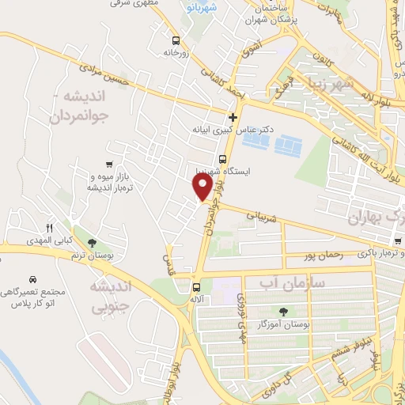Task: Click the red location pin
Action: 202,187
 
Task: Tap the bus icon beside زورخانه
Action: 175,40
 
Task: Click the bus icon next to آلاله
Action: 196,286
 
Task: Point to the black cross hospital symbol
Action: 232,118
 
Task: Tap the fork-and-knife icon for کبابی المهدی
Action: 49,228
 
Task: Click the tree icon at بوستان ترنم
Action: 93,242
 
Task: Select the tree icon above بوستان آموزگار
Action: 283,311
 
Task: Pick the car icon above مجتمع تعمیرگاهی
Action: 32,280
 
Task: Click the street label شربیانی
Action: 259,213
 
